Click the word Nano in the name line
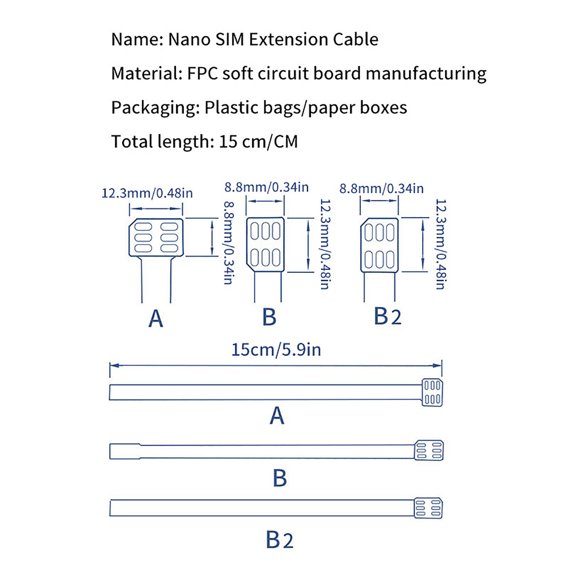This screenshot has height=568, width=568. coord(189,39)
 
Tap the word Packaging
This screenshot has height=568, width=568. coord(155,108)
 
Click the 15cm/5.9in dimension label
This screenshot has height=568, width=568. coord(276,350)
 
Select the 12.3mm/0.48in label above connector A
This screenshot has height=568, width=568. coord(147,193)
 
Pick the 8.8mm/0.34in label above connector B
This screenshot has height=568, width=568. coord(267,187)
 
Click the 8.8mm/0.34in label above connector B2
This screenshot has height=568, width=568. coord(382,189)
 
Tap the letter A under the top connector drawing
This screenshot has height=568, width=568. coord(156,319)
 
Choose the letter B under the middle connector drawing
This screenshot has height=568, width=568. coord(269,317)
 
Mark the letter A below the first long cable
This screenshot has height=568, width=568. coord(277,416)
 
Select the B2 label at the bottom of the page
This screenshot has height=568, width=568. coord(280,540)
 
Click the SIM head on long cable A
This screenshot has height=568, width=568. coord(432,393)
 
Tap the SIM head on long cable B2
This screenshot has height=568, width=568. coord(428,508)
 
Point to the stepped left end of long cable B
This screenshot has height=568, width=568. coord(125,451)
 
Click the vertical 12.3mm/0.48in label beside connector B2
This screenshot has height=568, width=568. coord(441,244)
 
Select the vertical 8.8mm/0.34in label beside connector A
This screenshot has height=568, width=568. coord(229,243)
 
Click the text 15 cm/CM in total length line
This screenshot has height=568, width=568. coord(258,142)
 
